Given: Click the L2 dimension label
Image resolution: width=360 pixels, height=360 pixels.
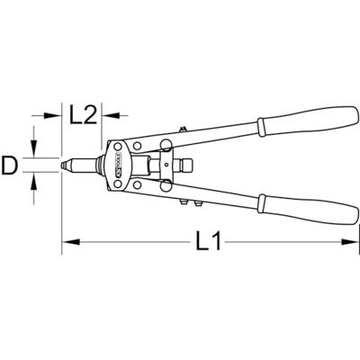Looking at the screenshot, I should click(83, 114).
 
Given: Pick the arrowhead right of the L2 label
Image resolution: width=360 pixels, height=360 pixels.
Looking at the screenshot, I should click(109, 114).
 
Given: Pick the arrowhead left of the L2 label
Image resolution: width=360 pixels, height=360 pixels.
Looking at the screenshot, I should click(56, 114).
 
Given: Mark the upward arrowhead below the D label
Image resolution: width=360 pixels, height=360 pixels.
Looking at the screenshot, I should click(34, 180).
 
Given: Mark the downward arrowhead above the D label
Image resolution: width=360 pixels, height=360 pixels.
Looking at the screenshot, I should click(34, 154).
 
